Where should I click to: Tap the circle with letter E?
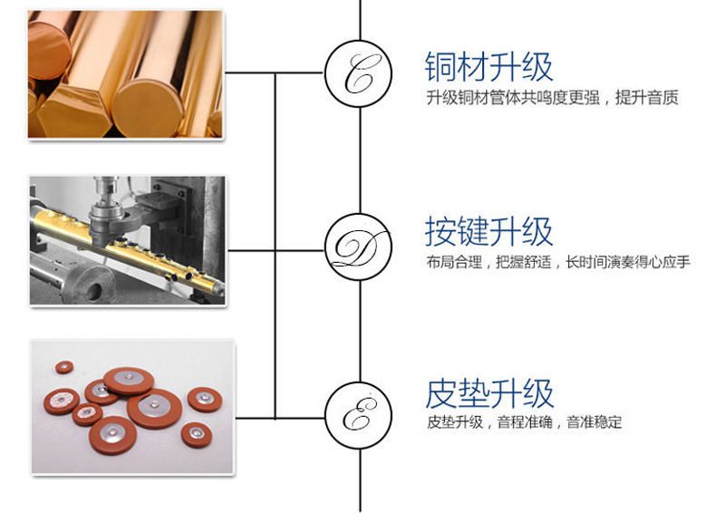pos(360,417)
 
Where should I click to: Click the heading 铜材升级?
pos(489,66)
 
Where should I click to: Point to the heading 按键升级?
pos(489,231)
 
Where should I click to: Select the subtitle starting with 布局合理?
pos(556,263)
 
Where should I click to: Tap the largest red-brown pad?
pos(155,408)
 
